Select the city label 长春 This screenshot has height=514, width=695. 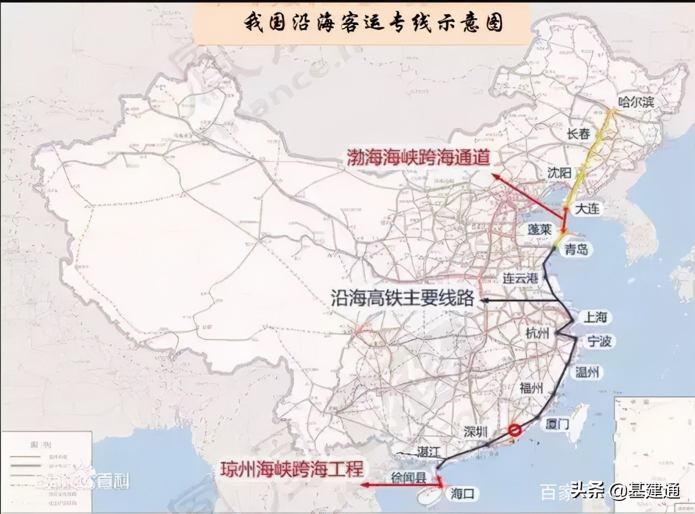(x=578, y=134)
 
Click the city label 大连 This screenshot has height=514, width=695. (x=587, y=208)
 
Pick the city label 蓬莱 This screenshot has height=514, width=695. (x=539, y=229)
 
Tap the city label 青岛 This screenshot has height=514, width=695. (x=576, y=249)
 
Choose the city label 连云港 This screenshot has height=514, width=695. (x=520, y=279)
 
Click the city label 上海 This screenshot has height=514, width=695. (x=593, y=317)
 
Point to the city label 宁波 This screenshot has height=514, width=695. (x=599, y=341)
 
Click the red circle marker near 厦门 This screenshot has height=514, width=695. (x=515, y=431)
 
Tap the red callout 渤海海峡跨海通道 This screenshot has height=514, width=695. (x=419, y=158)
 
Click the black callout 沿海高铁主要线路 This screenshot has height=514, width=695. (x=402, y=298)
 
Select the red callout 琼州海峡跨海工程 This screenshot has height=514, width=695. (x=291, y=469)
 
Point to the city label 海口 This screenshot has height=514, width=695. (x=463, y=493)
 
